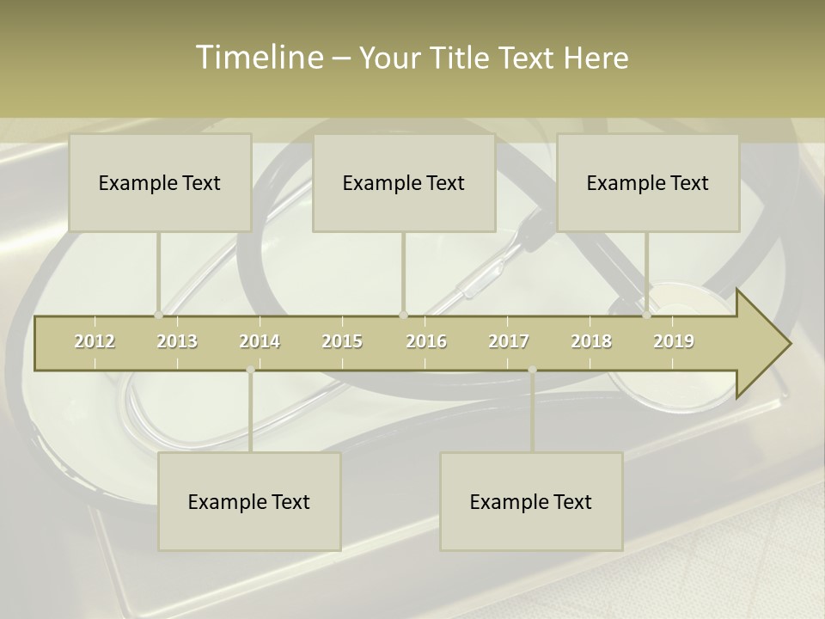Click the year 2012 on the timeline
coord(95,341)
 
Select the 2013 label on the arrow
coord(177,341)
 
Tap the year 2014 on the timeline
coord(260,341)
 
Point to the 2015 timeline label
coord(342,341)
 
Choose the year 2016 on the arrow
coord(426,341)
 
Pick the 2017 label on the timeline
coord(509,341)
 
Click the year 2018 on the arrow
coord(591,341)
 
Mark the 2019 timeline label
coord(674,341)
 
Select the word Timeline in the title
coord(258,58)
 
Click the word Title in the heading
coord(462,58)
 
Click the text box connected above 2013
coord(160,182)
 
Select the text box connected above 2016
coord(404,182)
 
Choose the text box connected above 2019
coord(648,182)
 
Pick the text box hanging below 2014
coord(249,501)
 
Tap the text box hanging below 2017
coord(531,501)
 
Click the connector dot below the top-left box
coord(158,316)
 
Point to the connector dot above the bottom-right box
coord(532,370)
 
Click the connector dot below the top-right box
coord(646,316)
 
